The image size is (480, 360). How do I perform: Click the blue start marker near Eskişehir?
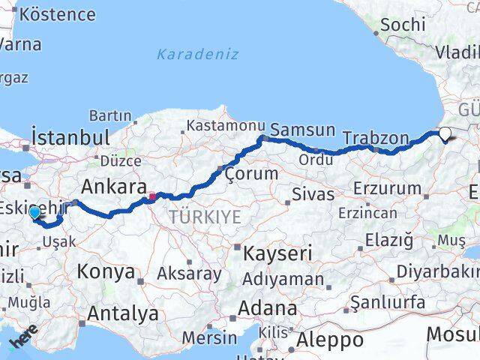tap(34, 213)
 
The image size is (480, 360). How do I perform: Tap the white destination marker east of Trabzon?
tap(445, 135)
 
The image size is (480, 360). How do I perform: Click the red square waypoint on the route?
tap(152, 197)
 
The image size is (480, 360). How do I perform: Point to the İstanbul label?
tap(70, 138)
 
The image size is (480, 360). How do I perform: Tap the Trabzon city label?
tap(376, 138)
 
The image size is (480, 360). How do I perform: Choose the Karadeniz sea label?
tap(198, 54)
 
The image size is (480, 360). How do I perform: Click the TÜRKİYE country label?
tap(205, 217)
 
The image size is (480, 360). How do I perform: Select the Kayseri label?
tap(277, 253)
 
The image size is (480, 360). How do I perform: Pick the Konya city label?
tap(106, 271)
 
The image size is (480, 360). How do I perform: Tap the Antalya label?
tap(123, 313)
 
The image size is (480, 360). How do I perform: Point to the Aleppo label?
tap(330, 340)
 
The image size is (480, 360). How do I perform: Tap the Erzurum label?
tap(386, 187)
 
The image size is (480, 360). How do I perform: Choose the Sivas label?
tap(314, 195)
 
